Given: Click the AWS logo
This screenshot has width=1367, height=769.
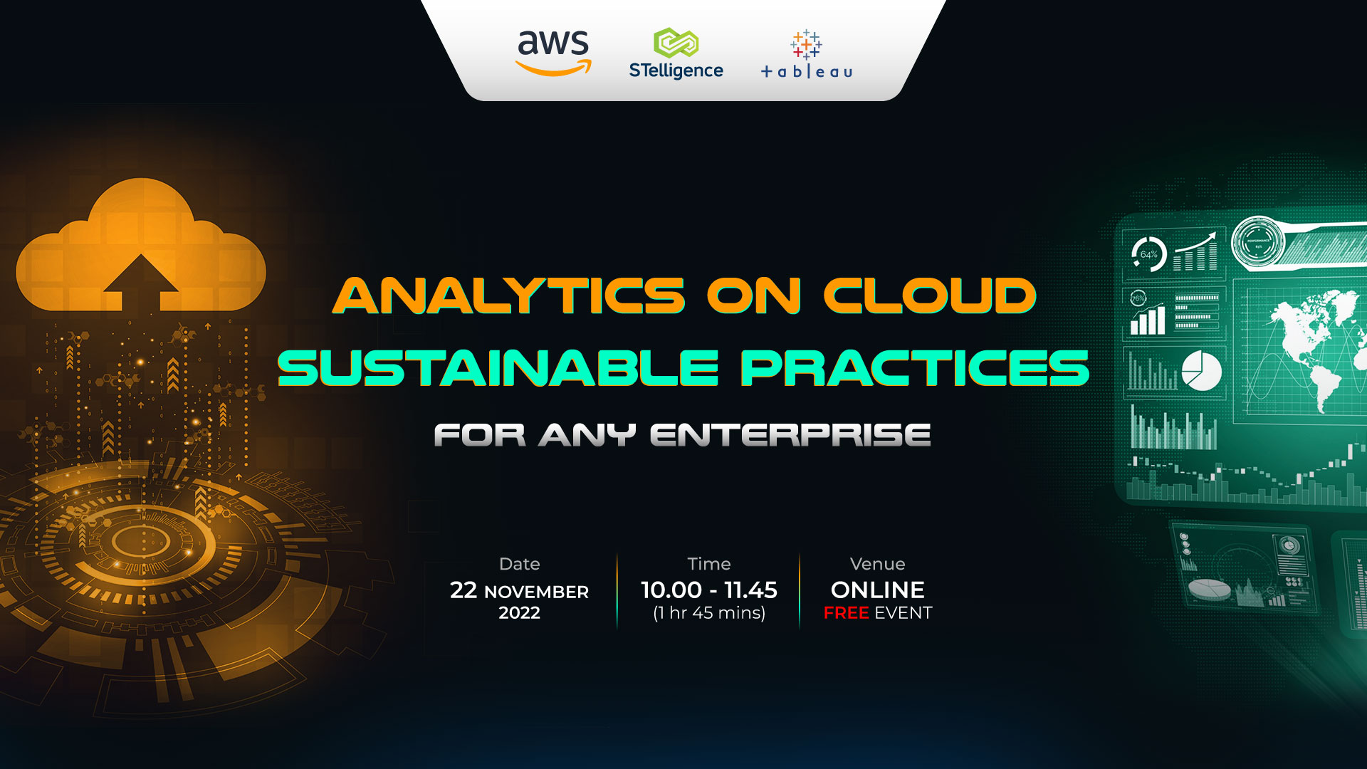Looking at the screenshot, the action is pyautogui.click(x=553, y=53).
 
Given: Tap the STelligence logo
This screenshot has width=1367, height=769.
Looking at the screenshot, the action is pyautogui.click(x=676, y=53).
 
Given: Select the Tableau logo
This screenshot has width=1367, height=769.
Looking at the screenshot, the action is pyautogui.click(x=807, y=54).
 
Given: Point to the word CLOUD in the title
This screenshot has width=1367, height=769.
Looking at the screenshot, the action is pyautogui.click(x=930, y=295).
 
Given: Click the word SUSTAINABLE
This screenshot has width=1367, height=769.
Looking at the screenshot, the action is pyautogui.click(x=498, y=368).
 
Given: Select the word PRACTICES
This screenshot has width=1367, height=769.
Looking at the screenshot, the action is pyautogui.click(x=916, y=368).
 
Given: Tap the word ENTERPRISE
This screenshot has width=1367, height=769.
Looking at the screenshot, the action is pyautogui.click(x=790, y=435).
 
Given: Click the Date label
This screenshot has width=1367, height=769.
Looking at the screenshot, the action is pyautogui.click(x=520, y=564).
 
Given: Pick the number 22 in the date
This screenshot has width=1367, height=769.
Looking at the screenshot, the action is pyautogui.click(x=463, y=590).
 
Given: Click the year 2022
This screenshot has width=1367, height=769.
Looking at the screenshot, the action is pyautogui.click(x=520, y=613).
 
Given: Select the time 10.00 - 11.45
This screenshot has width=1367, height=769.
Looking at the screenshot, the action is pyautogui.click(x=709, y=590).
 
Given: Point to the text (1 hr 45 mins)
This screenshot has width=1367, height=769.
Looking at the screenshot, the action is pyautogui.click(x=709, y=613).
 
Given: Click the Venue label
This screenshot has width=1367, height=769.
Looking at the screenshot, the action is pyautogui.click(x=878, y=564).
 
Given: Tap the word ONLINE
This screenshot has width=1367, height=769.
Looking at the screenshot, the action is pyautogui.click(x=878, y=590).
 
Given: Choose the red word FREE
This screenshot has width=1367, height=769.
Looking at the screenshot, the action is pyautogui.click(x=846, y=613).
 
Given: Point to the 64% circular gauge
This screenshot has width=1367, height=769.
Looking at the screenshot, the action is pyautogui.click(x=1148, y=254).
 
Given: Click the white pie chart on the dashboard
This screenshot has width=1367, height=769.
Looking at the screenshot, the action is pyautogui.click(x=1202, y=370).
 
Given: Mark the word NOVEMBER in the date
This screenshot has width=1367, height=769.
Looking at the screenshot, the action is pyautogui.click(x=537, y=592).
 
